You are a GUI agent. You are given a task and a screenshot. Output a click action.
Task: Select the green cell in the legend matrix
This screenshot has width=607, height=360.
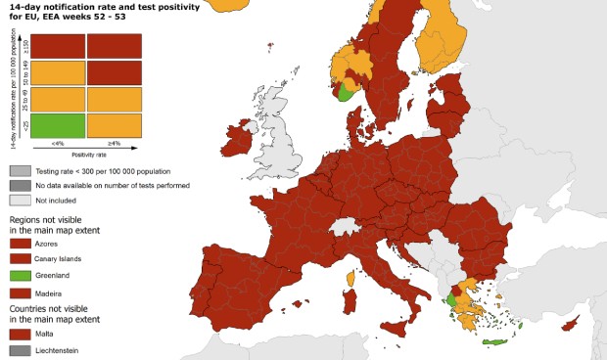[46, 125]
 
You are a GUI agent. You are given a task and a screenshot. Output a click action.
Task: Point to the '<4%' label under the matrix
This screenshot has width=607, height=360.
[46, 144]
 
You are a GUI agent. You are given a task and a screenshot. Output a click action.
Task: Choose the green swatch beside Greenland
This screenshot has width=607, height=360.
[20, 275]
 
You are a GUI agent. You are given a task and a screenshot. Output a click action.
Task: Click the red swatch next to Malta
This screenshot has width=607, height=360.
[20, 333]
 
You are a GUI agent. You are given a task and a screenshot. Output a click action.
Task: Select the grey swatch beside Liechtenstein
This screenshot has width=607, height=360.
[20, 349]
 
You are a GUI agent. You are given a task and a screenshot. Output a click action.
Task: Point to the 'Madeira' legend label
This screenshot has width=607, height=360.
[48, 292]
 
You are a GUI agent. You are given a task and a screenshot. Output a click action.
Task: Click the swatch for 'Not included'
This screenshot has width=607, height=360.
[20, 201]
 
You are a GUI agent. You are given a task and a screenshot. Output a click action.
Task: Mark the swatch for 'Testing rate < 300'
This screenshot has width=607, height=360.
[20, 170]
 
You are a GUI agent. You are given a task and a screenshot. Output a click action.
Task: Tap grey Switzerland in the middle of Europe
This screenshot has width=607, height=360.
[346, 228]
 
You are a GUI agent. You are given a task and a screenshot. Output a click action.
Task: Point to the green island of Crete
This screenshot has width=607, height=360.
[492, 339]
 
